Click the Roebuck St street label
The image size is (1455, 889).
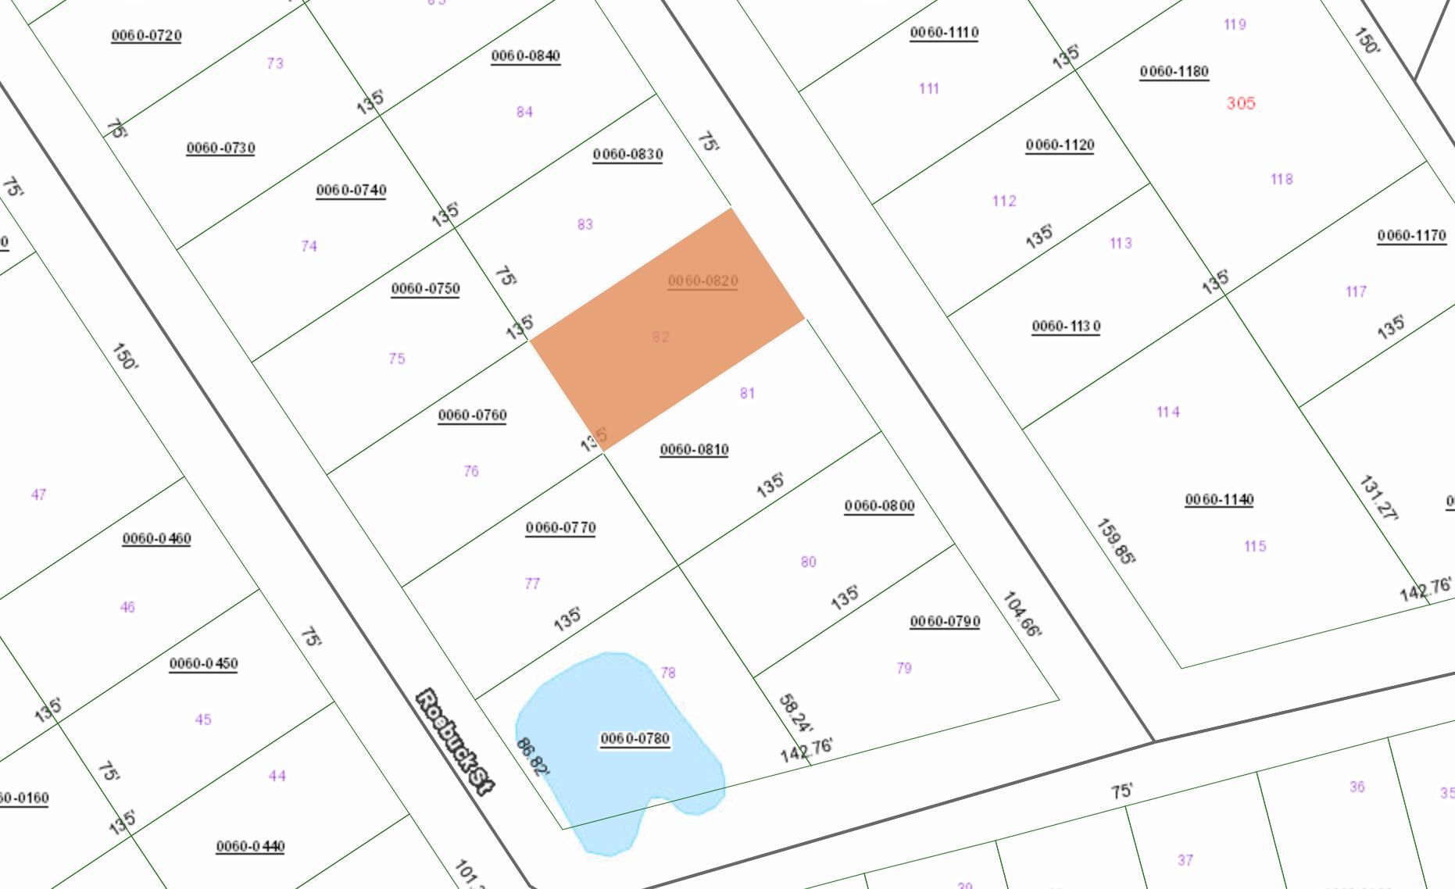pos(456,741)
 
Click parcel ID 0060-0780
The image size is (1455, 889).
pos(635,738)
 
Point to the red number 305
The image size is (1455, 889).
pos(1240,103)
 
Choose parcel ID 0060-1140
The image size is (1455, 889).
pos(1219,499)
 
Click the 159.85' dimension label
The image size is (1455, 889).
pos(1116,541)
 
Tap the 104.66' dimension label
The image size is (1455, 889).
pos(1021,614)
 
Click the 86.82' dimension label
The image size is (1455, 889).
pos(533,756)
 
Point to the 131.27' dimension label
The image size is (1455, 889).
pos(1378,497)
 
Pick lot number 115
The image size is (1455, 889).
pos(1255,546)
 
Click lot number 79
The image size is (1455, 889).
pos(904,668)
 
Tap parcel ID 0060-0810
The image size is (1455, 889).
pos(694,449)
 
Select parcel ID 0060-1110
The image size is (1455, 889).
pos(944,32)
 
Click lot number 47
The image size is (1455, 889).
pos(38,494)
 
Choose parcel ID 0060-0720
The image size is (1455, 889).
pos(146,35)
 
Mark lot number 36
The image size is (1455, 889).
pos(1357,787)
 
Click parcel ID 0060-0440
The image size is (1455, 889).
pos(250,846)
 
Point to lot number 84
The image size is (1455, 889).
pos(524,112)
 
